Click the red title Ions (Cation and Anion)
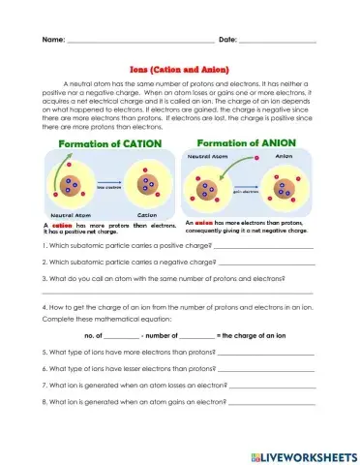pyautogui.click(x=180, y=70)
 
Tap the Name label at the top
pyautogui.click(x=52, y=40)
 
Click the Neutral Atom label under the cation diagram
pyautogui.click(x=71, y=215)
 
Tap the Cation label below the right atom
pyautogui.click(x=147, y=215)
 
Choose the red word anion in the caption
pyautogui.click(x=203, y=222)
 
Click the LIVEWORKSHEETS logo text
pyautogui.click(x=310, y=455)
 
